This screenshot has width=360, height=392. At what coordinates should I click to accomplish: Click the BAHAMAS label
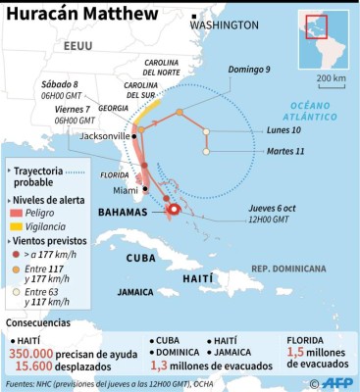[123, 212]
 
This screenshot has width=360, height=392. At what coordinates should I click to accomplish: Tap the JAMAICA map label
[136, 291]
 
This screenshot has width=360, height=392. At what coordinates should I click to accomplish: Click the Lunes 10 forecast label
[283, 130]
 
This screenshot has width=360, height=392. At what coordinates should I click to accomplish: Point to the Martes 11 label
[285, 151]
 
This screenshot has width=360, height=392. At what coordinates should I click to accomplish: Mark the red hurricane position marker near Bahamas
[173, 209]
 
